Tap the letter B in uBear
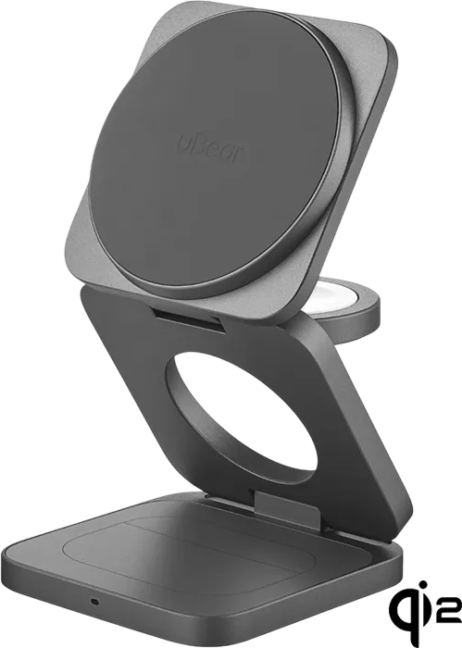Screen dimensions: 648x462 click(x=191, y=144)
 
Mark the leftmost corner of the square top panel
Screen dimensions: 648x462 click(x=67, y=261)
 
